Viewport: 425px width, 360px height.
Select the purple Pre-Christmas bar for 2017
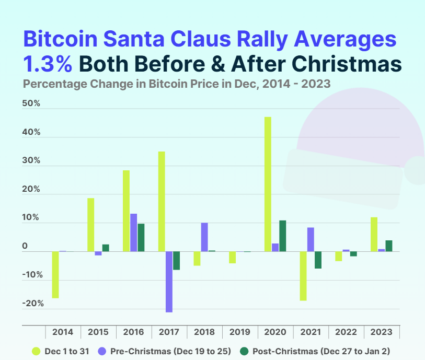pos(169,282)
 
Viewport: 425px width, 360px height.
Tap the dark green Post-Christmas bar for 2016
pos(141,238)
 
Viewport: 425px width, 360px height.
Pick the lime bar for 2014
pos(55,275)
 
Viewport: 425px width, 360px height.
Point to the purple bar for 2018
pos(204,237)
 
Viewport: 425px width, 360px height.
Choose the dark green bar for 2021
pos(318,260)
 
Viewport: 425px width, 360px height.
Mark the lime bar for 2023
pos(374,235)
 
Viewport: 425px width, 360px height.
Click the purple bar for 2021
pos(311,240)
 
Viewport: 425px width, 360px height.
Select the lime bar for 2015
pos(91,225)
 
